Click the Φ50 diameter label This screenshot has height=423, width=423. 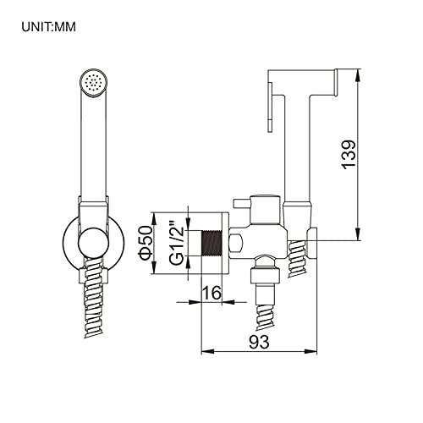click(145, 242)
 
